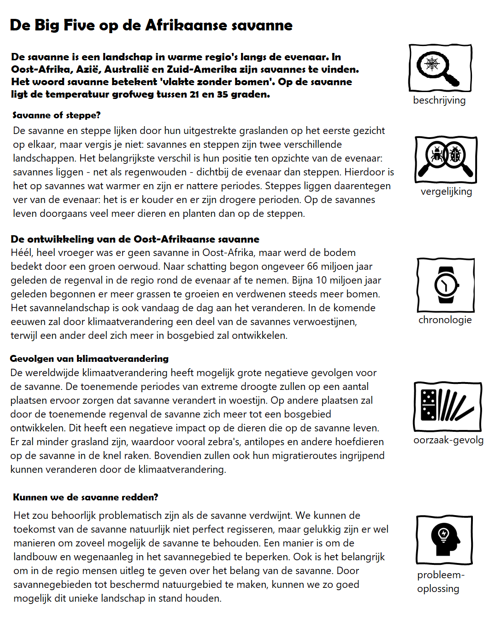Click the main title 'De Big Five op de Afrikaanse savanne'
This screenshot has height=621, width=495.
click(151, 25)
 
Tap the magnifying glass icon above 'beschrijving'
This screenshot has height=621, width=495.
click(440, 68)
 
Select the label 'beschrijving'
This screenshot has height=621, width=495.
click(439, 100)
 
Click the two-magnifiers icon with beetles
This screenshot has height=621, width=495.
click(446, 159)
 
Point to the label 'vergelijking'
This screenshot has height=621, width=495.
click(446, 192)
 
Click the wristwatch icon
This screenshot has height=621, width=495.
click(446, 285)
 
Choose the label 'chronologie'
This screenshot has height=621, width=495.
click(445, 320)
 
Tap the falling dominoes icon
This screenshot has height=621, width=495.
click(448, 406)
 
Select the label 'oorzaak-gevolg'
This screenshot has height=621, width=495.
click(448, 440)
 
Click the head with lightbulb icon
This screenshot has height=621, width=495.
click(445, 540)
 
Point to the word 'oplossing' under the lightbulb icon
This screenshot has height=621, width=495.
click(438, 589)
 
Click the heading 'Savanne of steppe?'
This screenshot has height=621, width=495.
click(56, 115)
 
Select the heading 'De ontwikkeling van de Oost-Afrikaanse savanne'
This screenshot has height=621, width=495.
click(135, 239)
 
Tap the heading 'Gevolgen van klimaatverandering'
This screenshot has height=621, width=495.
click(89, 359)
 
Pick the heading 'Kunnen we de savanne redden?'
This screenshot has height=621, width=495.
click(85, 497)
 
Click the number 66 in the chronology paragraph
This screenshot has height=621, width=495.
click(312, 267)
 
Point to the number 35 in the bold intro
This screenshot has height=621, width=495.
click(222, 94)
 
